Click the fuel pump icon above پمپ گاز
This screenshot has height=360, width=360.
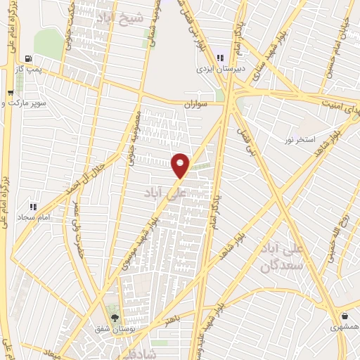click(27, 58)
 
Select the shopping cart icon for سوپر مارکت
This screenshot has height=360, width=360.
click(10, 92)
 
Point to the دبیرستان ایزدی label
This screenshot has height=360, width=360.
click(219, 69)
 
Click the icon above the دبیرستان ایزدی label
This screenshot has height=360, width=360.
click(219, 58)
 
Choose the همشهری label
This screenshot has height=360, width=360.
click(344, 327)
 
